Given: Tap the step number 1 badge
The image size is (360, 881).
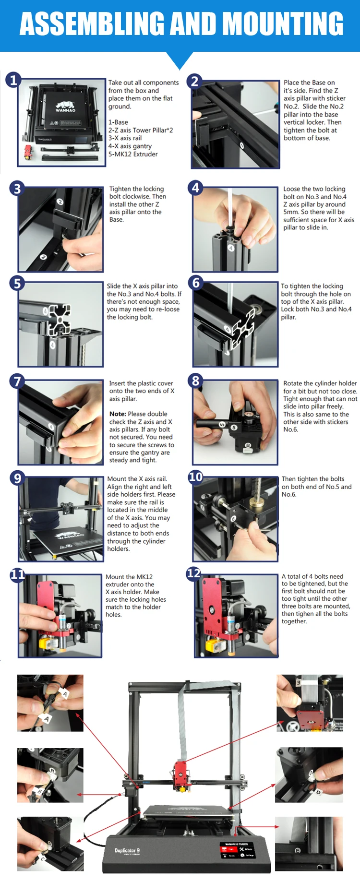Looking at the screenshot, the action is [x=13, y=80].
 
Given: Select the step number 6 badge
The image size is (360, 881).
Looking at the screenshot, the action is [x=196, y=283].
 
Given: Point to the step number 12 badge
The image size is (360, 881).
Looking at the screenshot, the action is [x=194, y=573].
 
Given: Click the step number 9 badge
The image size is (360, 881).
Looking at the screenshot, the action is [x=17, y=478].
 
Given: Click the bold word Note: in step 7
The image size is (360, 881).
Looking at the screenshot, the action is [x=118, y=414].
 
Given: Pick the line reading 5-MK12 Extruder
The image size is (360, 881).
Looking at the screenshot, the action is [x=133, y=154].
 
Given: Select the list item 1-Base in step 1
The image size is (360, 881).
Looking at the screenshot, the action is [x=118, y=122].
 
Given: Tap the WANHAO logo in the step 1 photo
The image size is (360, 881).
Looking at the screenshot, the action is [x=65, y=107].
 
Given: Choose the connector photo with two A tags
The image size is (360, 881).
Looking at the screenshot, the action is [x=50, y=703].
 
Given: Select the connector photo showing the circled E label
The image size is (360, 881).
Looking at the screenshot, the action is [x=309, y=844].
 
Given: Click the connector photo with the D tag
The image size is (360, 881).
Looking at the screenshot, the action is [x=309, y=775].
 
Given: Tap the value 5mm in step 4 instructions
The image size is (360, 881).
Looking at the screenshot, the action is [x=291, y=212].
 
